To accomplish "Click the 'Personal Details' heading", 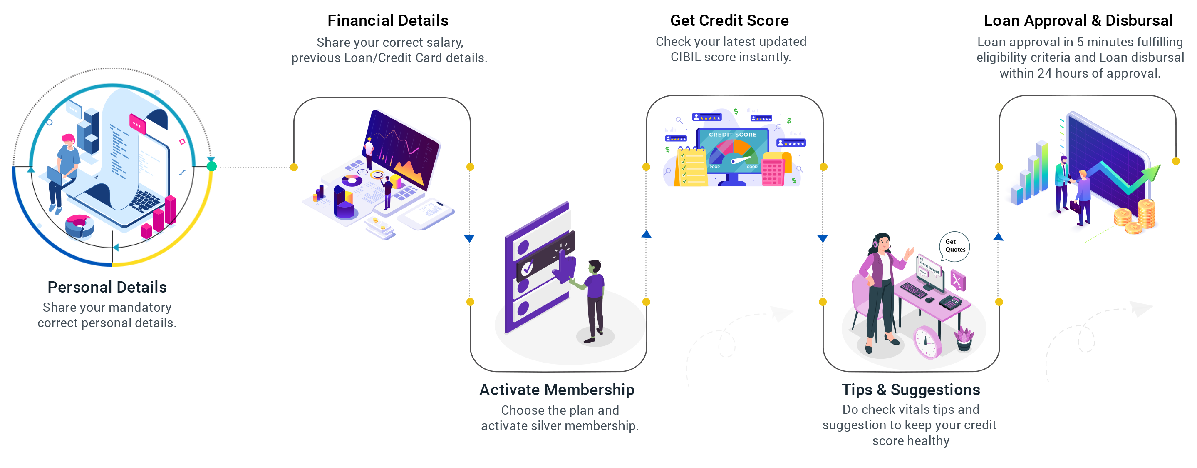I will point(107,287).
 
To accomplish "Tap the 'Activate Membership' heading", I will point(557,390).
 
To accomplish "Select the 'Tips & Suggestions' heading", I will point(911,390).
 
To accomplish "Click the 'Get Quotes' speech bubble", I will point(955,245).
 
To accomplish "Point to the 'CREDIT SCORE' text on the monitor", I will point(733,135).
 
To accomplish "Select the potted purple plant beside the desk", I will point(964,338).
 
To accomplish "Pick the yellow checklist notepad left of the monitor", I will point(691,168).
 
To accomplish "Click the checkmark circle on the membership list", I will point(528,268).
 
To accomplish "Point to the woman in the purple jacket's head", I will point(882,241).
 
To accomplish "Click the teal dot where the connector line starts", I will point(211,166).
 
